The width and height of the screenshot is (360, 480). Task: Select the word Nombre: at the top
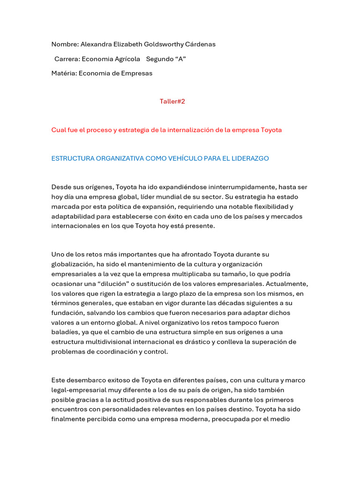tap(65, 45)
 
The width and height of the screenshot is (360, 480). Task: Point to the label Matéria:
tap(64, 73)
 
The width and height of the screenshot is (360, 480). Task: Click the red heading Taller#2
tap(172, 101)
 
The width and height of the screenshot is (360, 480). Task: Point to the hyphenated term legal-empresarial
tap(78, 390)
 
